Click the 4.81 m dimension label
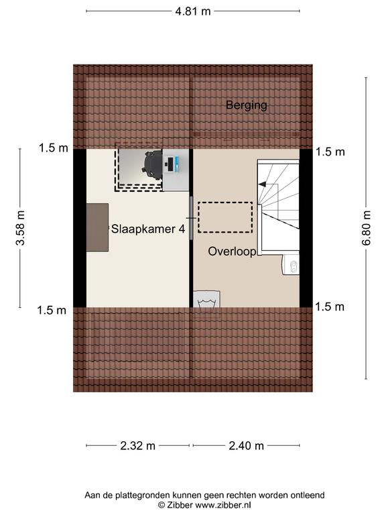click(193, 11)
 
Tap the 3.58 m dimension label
click(21, 228)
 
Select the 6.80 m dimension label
click(367, 228)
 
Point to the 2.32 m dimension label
click(137, 446)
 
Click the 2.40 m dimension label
click(246, 446)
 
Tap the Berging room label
click(247, 105)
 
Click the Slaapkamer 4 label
click(148, 229)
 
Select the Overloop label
click(232, 252)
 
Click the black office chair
click(153, 165)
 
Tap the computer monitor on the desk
click(170, 164)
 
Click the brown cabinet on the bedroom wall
click(97, 227)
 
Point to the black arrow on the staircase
click(263, 184)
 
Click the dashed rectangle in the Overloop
click(225, 217)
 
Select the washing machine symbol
click(206, 299)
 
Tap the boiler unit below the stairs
click(291, 264)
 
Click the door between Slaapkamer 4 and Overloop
click(191, 219)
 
